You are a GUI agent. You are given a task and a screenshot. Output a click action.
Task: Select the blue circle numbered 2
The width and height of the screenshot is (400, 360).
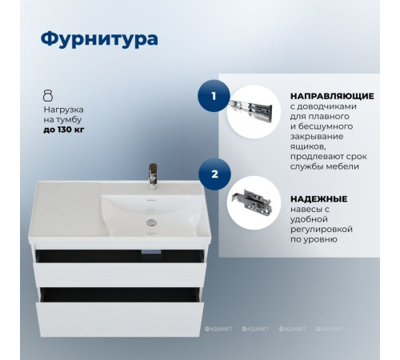click(x=213, y=172)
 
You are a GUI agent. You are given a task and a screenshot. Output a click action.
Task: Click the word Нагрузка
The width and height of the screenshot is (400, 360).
click(x=63, y=107)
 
